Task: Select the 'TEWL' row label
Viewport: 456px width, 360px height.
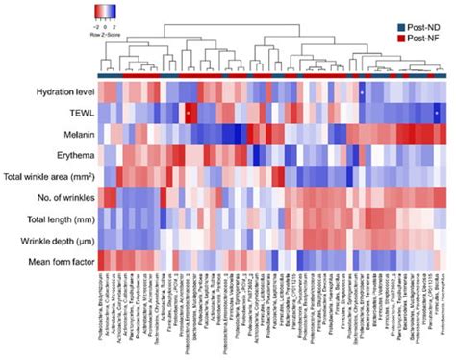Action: tap(78, 114)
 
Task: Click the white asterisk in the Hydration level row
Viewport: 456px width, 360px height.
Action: tap(361, 92)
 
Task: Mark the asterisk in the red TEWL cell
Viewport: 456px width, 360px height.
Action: tap(189, 114)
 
